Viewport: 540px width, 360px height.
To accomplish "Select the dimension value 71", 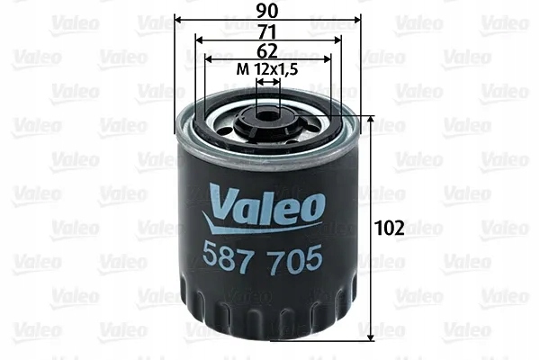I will coord(266,31).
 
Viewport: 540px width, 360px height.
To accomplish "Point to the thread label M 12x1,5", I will coord(266,69).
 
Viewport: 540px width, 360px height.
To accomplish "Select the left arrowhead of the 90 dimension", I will coord(178,19).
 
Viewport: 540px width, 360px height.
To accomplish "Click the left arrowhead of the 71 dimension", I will coord(200,40).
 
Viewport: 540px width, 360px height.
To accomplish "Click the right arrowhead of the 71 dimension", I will coord(337,40).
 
